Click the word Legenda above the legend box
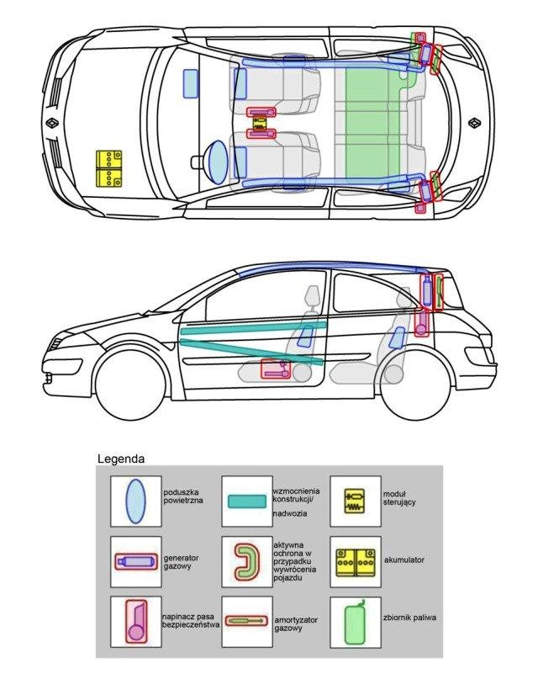click(121, 459)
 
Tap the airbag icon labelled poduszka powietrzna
click(135, 502)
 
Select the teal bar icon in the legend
click(247, 502)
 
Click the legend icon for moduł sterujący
click(355, 502)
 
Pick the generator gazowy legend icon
click(135, 561)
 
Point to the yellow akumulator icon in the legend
click(355, 562)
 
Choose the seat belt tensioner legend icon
click(136, 622)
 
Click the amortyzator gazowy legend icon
click(246, 621)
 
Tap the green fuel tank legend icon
click(355, 623)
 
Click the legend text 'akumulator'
click(404, 560)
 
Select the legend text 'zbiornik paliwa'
click(409, 618)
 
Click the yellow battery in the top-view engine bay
click(108, 168)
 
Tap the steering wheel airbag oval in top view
click(218, 162)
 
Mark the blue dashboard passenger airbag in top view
click(191, 83)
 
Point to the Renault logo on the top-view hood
click(52, 123)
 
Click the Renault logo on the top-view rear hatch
click(474, 123)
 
